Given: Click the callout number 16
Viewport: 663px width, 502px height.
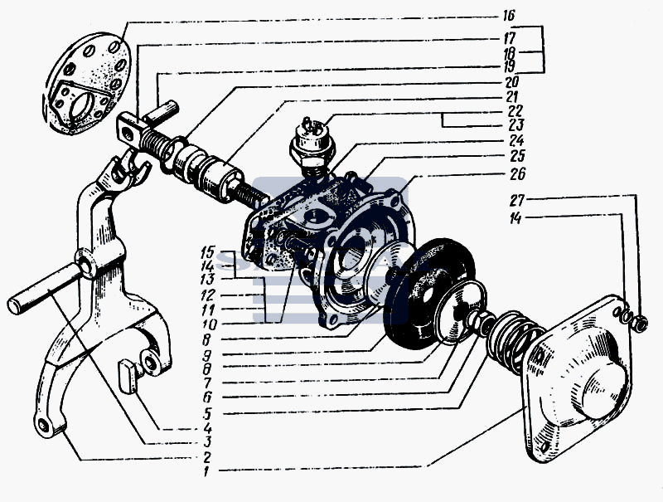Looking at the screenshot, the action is (x=509, y=16).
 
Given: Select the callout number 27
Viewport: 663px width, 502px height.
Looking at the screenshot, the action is (x=516, y=200).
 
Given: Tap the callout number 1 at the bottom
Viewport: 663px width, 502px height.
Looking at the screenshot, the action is (x=206, y=470).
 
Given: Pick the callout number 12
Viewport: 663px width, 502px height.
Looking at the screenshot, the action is (x=208, y=295).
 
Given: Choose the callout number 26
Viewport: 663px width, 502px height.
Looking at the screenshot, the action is (x=517, y=173).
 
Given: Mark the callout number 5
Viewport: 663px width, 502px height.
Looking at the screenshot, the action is (x=206, y=412).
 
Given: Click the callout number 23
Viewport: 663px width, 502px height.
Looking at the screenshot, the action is (x=515, y=124).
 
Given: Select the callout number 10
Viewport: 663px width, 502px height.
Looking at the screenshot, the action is (x=210, y=324).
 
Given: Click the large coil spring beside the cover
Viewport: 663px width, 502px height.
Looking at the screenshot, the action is (x=513, y=341).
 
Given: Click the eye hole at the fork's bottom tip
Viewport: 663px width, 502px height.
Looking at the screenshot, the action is (x=42, y=425).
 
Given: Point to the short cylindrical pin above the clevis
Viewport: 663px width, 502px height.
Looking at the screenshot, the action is (x=161, y=113).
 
